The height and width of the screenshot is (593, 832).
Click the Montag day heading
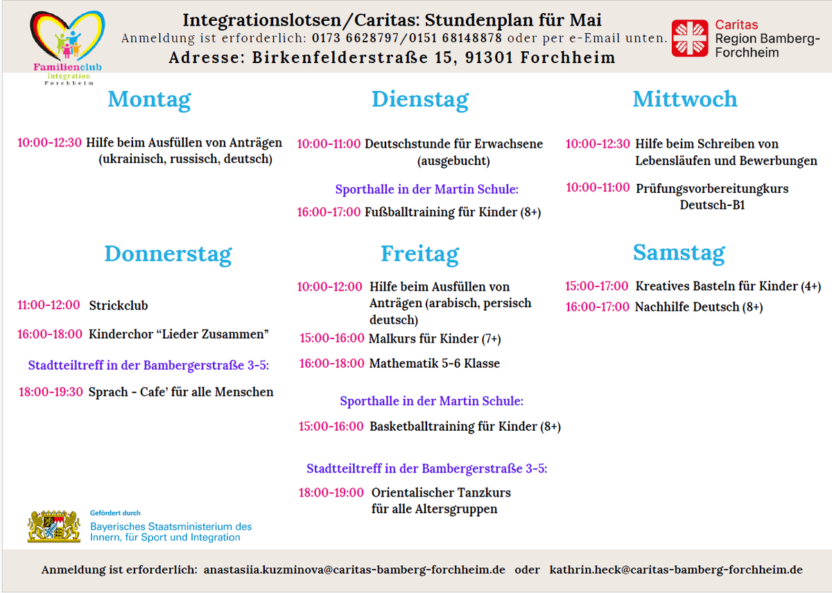coord(149,100)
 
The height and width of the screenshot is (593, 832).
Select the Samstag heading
coord(679,253)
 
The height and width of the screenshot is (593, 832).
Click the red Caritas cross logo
coord(690,38)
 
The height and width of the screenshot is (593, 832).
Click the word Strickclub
coord(118,305)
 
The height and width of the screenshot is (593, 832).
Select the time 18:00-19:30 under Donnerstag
coord(50,392)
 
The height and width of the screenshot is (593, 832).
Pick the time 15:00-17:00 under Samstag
coord(596,286)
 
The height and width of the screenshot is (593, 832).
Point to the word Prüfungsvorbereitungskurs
coord(712,188)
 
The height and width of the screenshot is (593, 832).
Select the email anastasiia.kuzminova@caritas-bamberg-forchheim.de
coord(354,570)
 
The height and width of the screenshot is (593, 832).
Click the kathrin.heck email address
coord(676,570)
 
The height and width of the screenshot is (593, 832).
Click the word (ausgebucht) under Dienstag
coord(453,161)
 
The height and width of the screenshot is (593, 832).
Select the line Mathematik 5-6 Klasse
coord(434,363)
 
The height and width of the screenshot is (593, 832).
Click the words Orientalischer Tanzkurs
coord(441,492)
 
